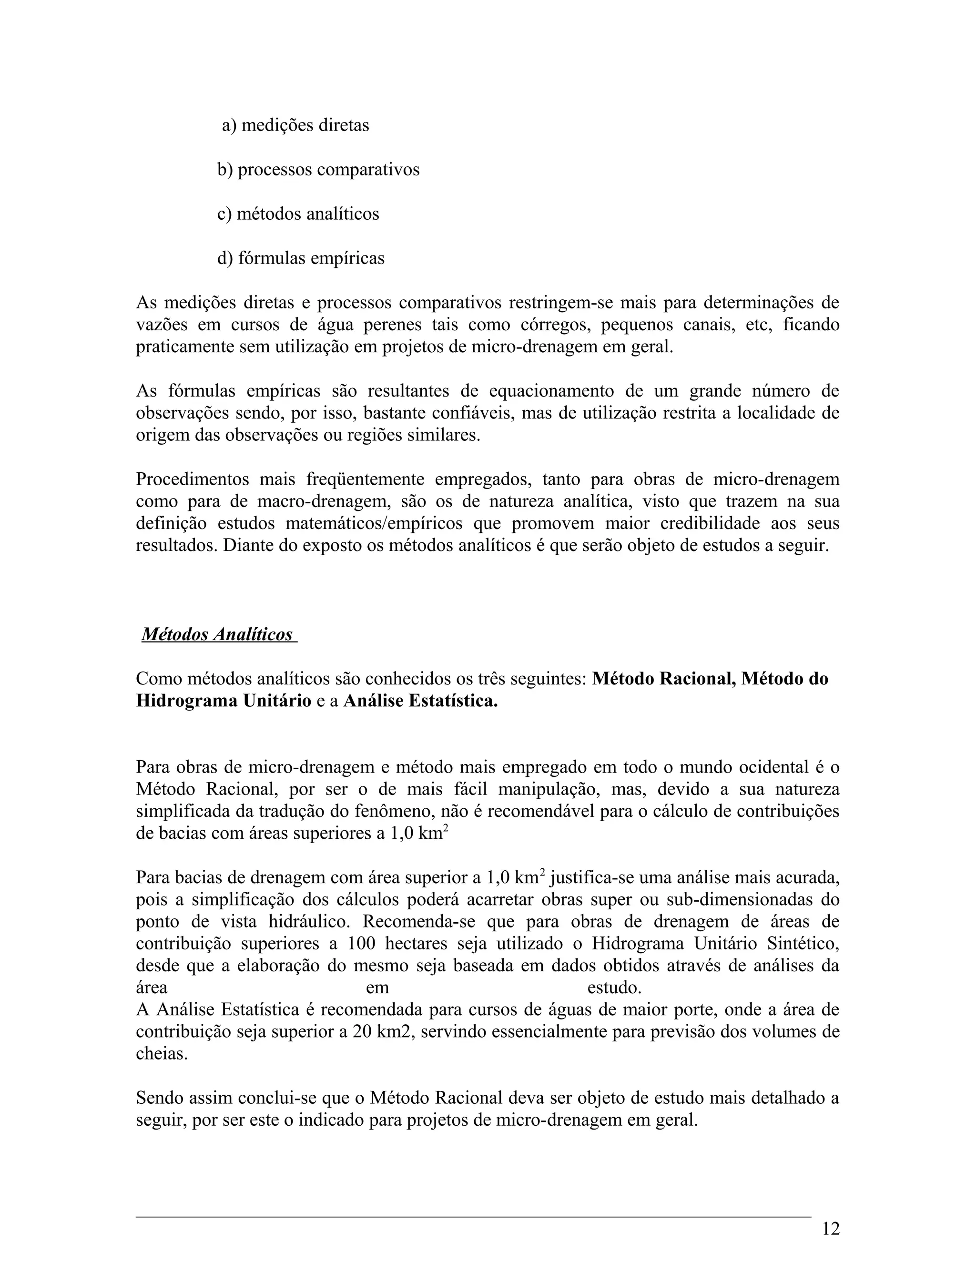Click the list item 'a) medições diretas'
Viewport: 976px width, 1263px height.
click(295, 125)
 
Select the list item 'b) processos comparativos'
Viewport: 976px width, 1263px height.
click(318, 170)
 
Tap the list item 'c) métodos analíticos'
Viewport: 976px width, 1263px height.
click(298, 214)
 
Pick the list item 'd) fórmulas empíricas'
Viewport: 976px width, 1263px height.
click(301, 258)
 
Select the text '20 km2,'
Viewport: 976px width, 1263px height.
click(383, 1032)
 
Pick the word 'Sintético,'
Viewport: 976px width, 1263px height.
click(803, 944)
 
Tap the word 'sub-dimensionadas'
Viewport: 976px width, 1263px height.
click(746, 900)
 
